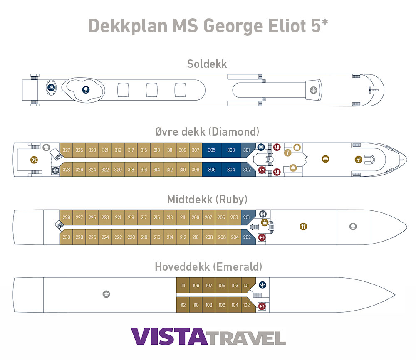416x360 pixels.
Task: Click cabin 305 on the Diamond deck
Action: click(x=212, y=150)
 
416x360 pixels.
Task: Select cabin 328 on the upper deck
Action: click(x=67, y=170)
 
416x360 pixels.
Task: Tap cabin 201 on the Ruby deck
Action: click(x=247, y=217)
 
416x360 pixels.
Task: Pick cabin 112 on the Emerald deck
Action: click(x=183, y=305)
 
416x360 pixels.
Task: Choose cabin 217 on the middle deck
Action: click(x=144, y=217)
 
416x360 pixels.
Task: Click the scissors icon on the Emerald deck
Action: click(x=262, y=285)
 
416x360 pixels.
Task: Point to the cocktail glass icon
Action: click(x=358, y=159)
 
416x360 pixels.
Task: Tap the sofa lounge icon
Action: click(x=325, y=158)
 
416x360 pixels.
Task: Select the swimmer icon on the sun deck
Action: click(x=51, y=87)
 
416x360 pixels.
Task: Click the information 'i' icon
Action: click(x=287, y=153)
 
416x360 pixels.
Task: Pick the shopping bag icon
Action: click(x=297, y=147)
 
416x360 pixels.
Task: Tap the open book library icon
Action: click(x=261, y=147)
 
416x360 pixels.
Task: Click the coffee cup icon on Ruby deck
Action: click(x=264, y=224)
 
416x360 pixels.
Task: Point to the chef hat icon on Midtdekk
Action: click(x=353, y=227)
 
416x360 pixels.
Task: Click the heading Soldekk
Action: click(x=207, y=64)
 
